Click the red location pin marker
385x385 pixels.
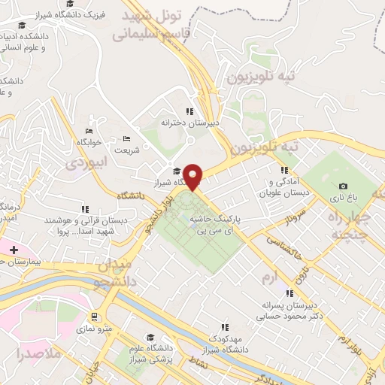(194, 176)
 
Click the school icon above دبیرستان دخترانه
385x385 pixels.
(199, 111)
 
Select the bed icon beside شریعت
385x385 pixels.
(126, 138)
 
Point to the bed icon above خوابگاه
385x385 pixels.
(89, 132)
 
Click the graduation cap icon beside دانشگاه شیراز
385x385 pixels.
(177, 171)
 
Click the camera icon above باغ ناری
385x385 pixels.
(343, 186)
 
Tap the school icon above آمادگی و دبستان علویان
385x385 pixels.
(283, 171)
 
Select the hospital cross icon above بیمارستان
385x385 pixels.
(13, 249)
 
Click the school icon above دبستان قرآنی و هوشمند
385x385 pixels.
(85, 208)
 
